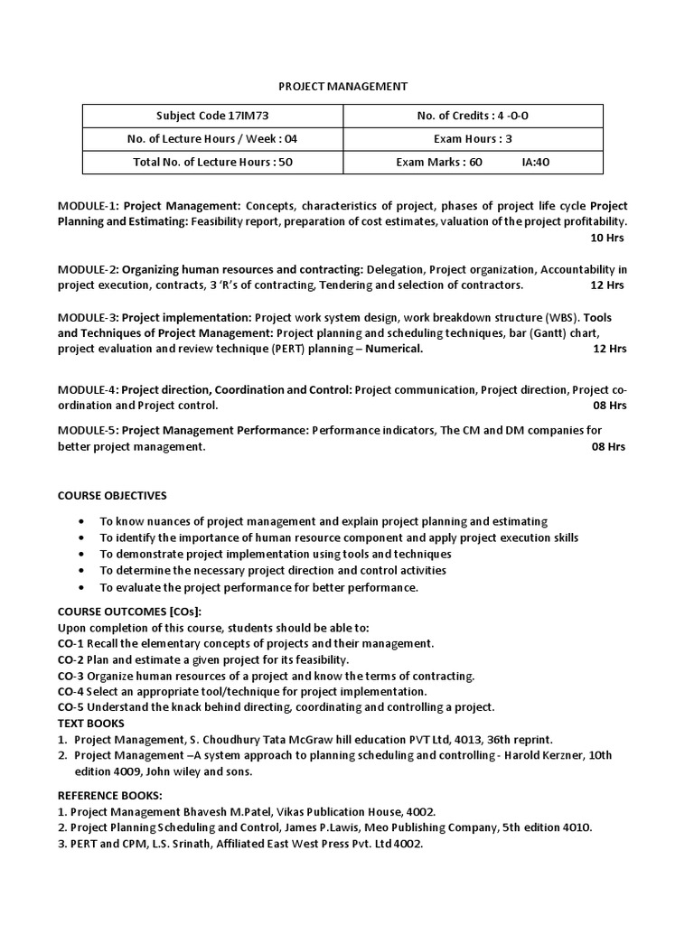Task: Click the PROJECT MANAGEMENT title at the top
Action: click(342, 86)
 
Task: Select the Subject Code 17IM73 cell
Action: click(213, 116)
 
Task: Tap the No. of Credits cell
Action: click(474, 116)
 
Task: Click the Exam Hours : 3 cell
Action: click(474, 139)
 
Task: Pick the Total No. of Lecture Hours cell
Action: click(213, 163)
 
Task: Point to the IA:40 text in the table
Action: click(536, 163)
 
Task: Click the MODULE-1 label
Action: click(88, 206)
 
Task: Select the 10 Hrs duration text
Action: click(606, 238)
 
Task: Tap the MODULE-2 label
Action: click(88, 269)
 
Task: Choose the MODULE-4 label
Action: click(88, 390)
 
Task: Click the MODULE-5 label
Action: click(88, 431)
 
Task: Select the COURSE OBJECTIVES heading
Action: click(112, 495)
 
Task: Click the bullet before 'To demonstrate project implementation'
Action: click(82, 554)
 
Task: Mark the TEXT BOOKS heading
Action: click(91, 723)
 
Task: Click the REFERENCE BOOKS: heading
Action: click(110, 795)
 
